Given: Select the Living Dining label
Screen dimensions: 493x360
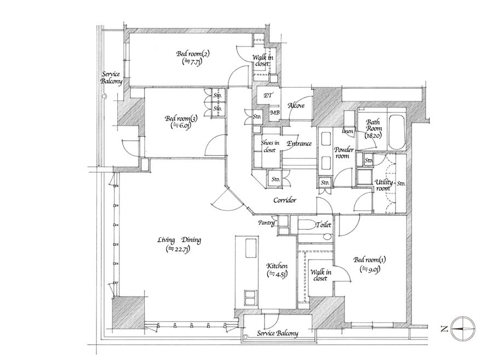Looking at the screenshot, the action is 179,240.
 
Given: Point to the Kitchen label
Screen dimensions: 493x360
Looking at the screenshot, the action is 277,266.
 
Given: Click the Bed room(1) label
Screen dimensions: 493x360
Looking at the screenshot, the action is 369,260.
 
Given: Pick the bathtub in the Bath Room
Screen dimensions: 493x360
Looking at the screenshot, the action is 397,133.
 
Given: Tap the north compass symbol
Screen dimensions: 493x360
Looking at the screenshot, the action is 463,329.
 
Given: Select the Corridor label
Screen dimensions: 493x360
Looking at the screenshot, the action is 285,200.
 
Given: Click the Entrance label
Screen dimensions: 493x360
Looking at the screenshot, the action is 299,144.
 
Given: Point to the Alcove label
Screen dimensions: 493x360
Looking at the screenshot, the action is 296,106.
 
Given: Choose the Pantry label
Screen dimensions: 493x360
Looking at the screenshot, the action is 266,222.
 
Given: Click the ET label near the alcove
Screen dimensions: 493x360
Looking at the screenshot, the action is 268,95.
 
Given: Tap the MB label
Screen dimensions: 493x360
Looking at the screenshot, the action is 275,112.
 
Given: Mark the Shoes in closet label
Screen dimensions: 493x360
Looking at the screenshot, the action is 270,146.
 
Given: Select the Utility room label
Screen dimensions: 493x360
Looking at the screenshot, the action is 383,185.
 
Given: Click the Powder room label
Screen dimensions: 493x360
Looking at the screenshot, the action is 343,152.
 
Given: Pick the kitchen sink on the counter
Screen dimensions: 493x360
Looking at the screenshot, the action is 250,248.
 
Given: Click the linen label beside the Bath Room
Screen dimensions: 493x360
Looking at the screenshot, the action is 348,132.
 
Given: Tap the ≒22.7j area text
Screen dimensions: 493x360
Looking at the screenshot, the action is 179,249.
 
